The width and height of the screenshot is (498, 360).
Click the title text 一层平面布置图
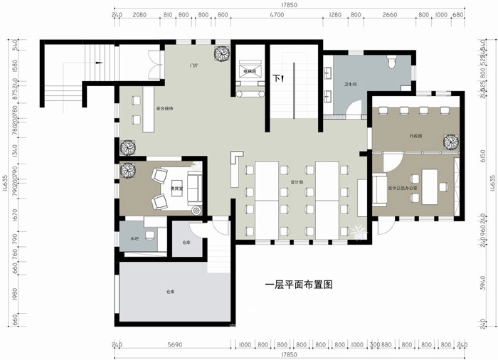(299, 284)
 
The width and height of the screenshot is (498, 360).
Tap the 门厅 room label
(194, 65)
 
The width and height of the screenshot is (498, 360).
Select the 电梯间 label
(250, 72)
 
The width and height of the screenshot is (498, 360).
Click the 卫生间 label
(349, 84)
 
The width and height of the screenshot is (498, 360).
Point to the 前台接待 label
(165, 108)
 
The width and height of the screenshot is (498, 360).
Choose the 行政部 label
(415, 135)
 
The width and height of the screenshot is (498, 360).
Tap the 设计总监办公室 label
(401, 188)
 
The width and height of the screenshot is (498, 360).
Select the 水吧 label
(134, 238)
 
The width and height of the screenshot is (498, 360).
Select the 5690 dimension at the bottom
(174, 345)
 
